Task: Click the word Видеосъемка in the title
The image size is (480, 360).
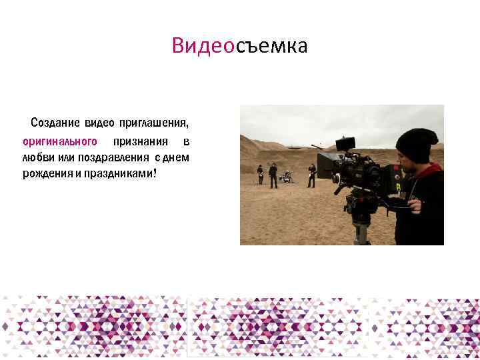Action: pos(239,46)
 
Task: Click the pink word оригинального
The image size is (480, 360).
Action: pos(60,141)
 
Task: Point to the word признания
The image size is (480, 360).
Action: pos(140,141)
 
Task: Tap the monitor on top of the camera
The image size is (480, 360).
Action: pos(345,144)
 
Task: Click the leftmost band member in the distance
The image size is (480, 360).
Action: pos(260,174)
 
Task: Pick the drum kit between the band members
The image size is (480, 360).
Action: pos(287,177)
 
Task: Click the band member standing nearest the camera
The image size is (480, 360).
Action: pos(311,175)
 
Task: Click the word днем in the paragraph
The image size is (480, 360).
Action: pos(178,158)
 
